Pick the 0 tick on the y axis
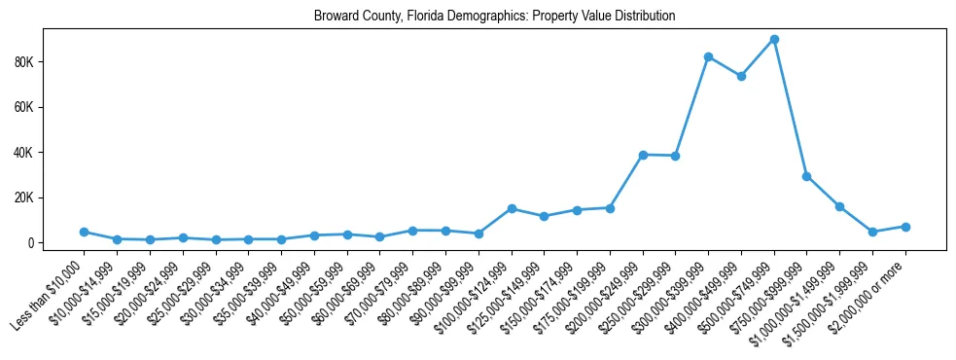[58, 242]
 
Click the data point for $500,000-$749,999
[774, 39]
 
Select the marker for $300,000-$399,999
[708, 56]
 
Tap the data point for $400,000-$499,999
[741, 76]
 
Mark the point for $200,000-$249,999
[643, 155]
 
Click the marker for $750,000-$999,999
[807, 176]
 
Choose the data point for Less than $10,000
[85, 232]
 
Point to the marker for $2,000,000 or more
[905, 227]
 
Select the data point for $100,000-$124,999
[512, 208]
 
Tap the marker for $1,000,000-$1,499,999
[839, 206]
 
